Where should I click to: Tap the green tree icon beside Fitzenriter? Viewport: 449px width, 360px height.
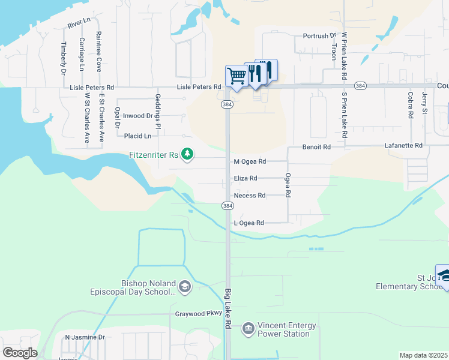pyautogui.click(x=188, y=155)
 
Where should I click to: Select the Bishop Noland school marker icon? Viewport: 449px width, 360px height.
pyautogui.click(x=184, y=287)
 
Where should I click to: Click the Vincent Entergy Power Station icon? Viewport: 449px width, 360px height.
pyautogui.click(x=248, y=329)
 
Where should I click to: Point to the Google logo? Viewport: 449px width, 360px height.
pyautogui.click(x=20, y=353)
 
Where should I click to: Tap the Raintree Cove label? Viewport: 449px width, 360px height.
pyautogui.click(x=98, y=52)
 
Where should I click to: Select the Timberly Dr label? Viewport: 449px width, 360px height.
pyautogui.click(x=63, y=58)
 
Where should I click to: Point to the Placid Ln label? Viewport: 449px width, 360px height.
pyautogui.click(x=137, y=136)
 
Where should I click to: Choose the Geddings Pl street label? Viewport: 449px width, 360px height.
pyautogui.click(x=158, y=111)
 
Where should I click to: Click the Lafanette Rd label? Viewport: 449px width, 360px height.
pyautogui.click(x=403, y=146)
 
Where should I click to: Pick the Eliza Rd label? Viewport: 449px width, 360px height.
pyautogui.click(x=246, y=178)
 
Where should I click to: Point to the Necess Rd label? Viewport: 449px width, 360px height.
pyautogui.click(x=249, y=196)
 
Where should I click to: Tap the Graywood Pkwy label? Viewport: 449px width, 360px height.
pyautogui.click(x=194, y=313)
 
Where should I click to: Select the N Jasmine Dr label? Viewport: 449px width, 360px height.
pyautogui.click(x=85, y=338)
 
